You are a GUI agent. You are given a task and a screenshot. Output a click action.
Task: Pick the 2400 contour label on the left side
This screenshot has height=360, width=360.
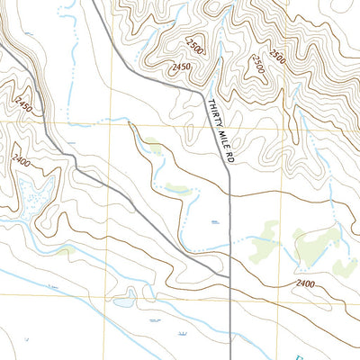pyautogui.click(x=22, y=159)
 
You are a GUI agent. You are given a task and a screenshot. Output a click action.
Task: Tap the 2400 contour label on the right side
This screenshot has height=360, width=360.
pyautogui.click(x=305, y=284)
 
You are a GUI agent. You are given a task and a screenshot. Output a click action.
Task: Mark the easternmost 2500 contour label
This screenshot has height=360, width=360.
pyautogui.click(x=258, y=62)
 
